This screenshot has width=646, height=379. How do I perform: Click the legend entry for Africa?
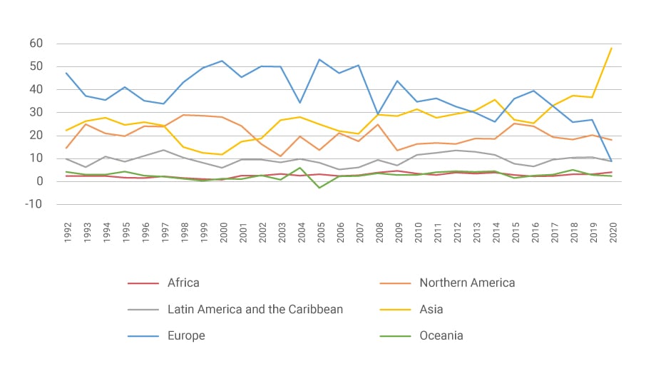183,283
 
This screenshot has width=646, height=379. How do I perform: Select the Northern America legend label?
466,283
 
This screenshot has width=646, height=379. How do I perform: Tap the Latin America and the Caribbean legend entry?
255,309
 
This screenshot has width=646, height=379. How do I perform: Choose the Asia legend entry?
431,309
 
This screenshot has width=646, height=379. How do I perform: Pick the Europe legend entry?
186,335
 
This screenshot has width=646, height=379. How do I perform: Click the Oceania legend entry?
441,335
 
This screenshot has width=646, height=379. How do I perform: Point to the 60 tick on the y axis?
36,44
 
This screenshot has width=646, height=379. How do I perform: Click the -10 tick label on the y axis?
34,204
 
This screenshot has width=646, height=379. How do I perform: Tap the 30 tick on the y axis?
36,113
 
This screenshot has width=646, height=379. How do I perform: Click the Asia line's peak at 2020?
611,49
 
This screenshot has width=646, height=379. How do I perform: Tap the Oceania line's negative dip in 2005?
320,188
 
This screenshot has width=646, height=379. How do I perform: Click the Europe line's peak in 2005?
320,59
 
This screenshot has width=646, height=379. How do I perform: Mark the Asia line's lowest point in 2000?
222,154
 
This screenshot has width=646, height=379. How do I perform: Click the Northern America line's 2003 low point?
281,156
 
